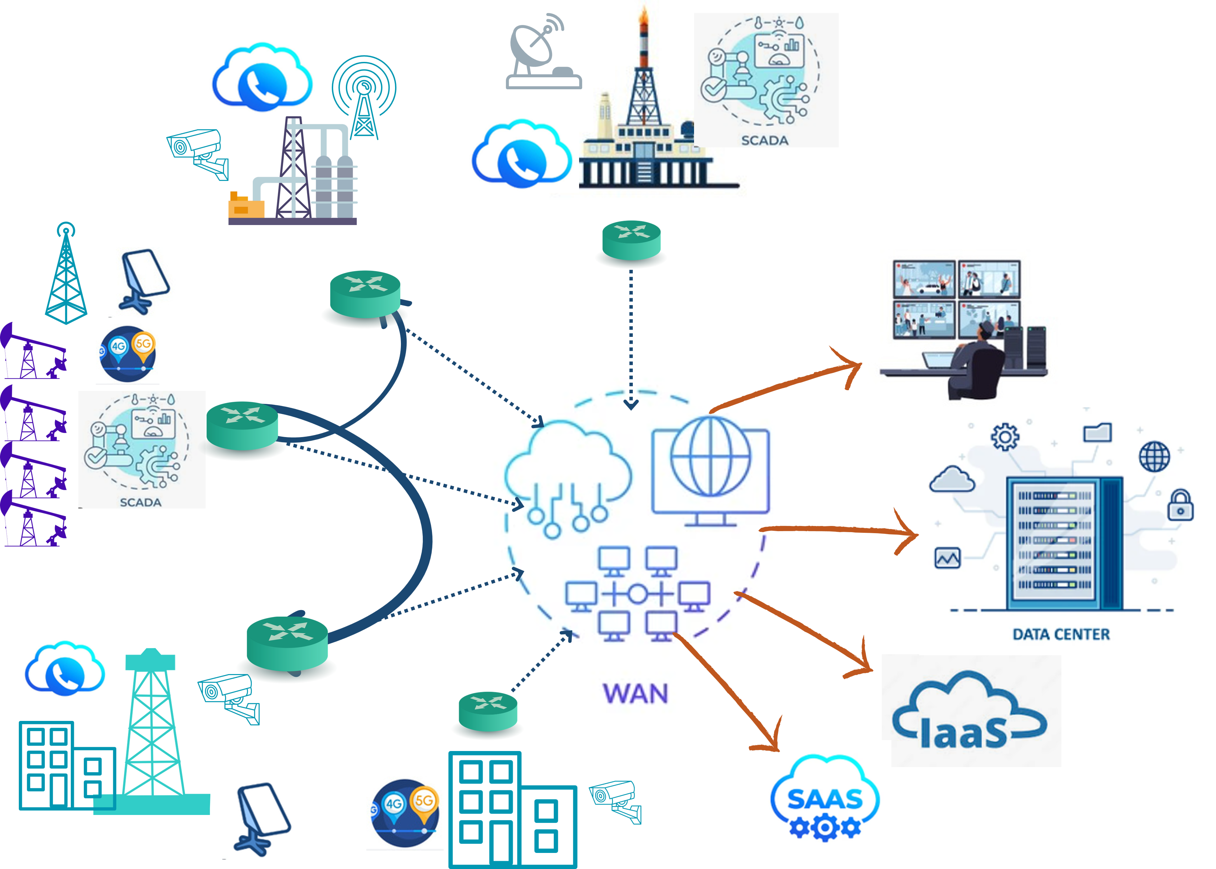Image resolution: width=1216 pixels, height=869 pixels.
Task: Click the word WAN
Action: (x=635, y=694)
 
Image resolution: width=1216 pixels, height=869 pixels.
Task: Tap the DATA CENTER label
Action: (x=1061, y=635)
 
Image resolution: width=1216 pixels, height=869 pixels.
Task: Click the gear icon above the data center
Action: (x=1005, y=437)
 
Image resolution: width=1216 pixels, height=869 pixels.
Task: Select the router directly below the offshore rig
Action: (x=631, y=241)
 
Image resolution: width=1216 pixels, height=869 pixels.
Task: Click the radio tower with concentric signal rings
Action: (x=364, y=96)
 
